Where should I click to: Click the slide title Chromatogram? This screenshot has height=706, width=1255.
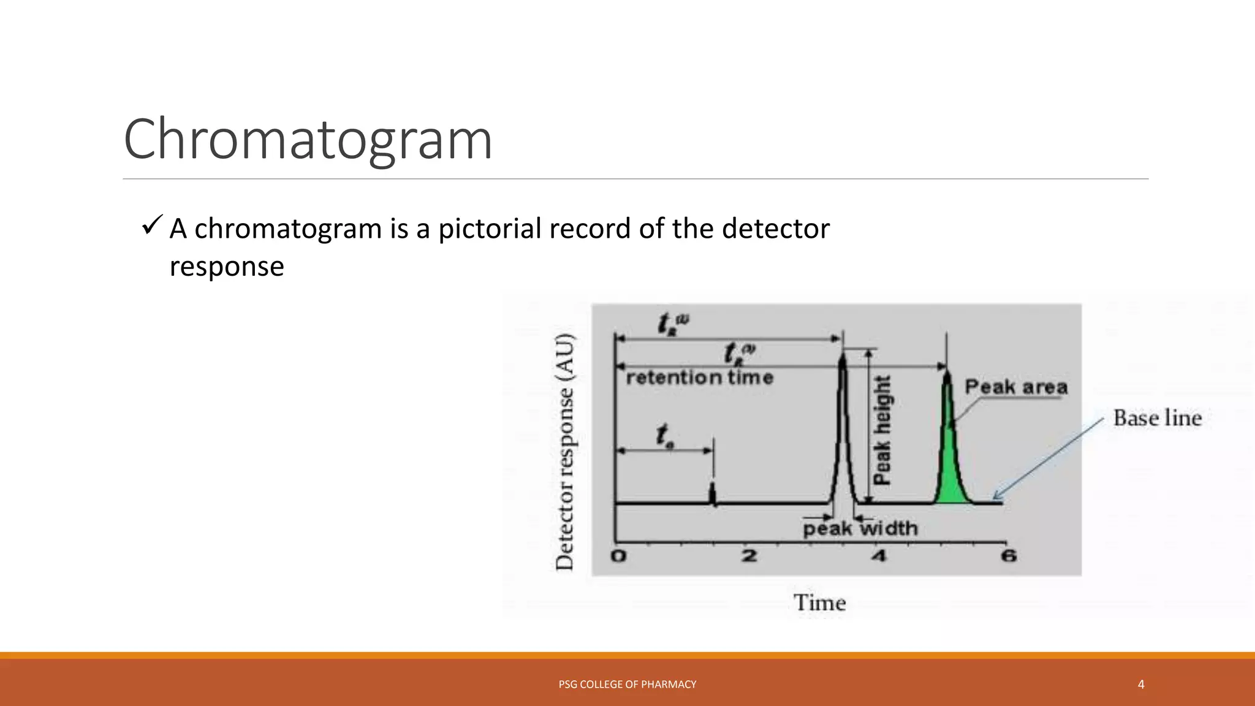[x=308, y=140]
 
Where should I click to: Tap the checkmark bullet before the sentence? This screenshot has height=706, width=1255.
[x=152, y=226]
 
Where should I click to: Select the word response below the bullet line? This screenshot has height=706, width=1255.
[x=227, y=267]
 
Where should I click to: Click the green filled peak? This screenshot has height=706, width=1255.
[x=950, y=466]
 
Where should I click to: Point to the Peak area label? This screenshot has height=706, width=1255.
[x=1016, y=387]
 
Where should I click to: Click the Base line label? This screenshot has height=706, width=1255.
[x=1157, y=418]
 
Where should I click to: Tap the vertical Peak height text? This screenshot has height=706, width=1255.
[x=882, y=430]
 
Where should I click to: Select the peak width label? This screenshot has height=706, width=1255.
[x=860, y=528]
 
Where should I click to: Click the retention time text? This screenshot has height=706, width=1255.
[x=700, y=378]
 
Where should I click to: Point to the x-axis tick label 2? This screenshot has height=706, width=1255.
[x=749, y=556]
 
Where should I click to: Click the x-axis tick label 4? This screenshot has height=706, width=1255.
[x=879, y=556]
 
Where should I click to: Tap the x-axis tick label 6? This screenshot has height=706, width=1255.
[x=1009, y=556]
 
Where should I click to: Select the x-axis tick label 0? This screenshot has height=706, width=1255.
[x=619, y=556]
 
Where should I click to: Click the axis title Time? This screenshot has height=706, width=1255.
[x=819, y=603]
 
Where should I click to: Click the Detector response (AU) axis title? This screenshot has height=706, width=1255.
[x=564, y=452]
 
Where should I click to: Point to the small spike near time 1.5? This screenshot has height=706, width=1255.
[x=712, y=493]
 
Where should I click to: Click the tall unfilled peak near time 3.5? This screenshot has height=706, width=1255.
[x=843, y=429]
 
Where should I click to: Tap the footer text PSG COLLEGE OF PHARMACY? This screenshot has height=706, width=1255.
[x=627, y=684]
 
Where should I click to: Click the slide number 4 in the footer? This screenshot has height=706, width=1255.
[x=1140, y=684]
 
